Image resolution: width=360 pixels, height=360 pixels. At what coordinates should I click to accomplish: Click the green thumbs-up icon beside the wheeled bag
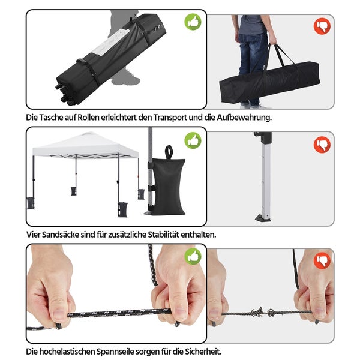[x=193, y=22]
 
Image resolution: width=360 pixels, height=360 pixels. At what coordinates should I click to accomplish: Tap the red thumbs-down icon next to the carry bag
[x=322, y=26]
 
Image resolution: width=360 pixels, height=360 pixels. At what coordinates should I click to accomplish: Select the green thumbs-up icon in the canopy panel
[x=193, y=140]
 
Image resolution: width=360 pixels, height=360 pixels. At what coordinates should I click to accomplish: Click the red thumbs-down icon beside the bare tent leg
[x=322, y=145]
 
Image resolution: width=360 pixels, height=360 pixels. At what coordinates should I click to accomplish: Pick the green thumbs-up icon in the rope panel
[x=193, y=256]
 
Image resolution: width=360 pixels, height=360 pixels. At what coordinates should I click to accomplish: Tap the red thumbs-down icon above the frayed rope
[x=322, y=260]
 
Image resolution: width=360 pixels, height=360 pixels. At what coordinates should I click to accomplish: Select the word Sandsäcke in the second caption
[x=61, y=235]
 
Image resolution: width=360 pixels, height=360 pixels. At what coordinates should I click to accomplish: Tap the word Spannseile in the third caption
[x=115, y=352]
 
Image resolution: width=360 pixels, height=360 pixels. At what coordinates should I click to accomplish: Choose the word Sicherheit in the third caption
[x=203, y=352]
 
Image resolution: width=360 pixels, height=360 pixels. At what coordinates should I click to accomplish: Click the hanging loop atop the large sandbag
[x=169, y=152]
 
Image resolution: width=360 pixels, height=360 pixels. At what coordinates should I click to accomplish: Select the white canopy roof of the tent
[x=86, y=145]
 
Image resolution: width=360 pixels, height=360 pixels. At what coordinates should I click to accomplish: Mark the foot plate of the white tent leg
[x=263, y=218]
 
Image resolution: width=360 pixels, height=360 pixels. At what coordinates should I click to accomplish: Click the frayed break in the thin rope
[x=262, y=312]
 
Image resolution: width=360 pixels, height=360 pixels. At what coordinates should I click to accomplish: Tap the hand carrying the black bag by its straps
[x=273, y=40]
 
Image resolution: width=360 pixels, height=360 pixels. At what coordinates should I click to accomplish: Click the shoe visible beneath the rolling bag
[x=126, y=79]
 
